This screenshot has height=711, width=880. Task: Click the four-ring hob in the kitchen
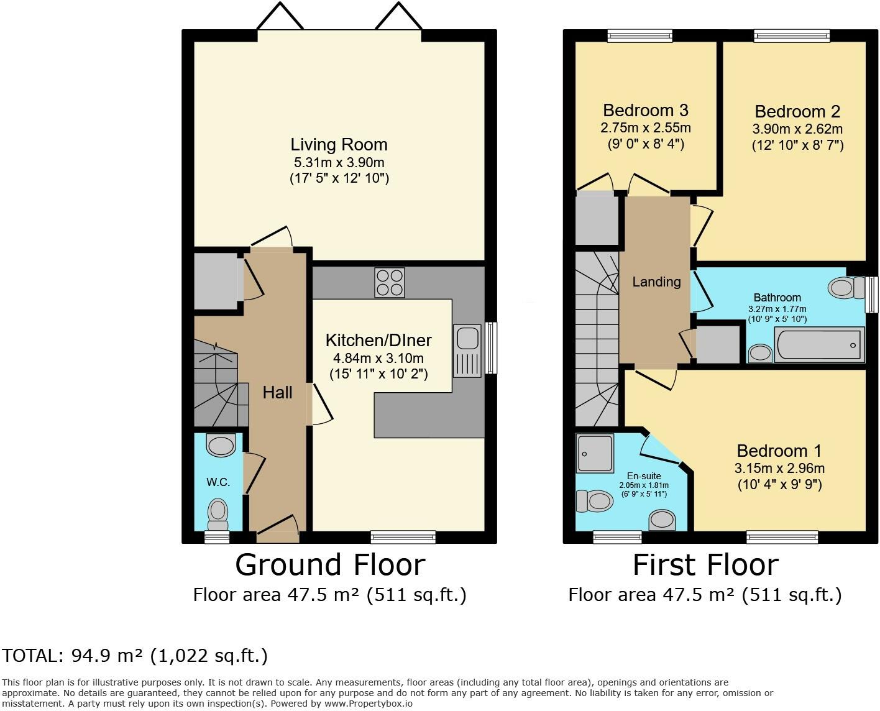(389, 283)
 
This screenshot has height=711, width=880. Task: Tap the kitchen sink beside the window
(467, 351)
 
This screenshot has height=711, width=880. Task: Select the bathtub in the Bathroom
(819, 344)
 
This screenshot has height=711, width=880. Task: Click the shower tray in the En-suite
(595, 453)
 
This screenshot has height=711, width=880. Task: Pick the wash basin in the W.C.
(221, 444)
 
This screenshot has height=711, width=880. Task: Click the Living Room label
(339, 145)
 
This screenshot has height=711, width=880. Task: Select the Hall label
(278, 392)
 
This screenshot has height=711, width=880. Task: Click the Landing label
(656, 282)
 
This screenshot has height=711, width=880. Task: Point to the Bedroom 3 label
(646, 110)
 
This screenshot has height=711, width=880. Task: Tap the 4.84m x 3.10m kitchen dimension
(378, 358)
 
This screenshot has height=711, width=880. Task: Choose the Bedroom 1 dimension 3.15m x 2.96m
(779, 468)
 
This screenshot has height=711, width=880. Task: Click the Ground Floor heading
(330, 565)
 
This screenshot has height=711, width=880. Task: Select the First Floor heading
(705, 565)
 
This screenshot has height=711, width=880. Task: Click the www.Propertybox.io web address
(369, 704)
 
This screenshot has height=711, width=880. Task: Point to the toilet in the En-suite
(595, 501)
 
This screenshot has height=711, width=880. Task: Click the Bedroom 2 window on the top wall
(792, 36)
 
